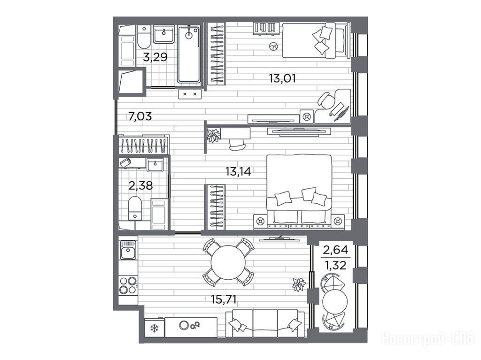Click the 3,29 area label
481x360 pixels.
(155, 57)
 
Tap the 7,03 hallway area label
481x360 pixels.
(140, 116)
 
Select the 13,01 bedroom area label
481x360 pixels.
(282, 78)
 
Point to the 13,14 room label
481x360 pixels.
(238, 172)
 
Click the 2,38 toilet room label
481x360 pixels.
(140, 185)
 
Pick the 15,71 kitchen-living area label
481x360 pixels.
(224, 299)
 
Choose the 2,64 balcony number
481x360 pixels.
(335, 250)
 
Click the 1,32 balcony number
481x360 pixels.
(335, 265)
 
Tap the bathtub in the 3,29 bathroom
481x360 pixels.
(189, 54)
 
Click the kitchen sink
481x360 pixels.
(128, 250)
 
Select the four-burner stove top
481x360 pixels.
(128, 285)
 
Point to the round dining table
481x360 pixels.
(229, 262)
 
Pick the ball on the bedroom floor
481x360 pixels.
(273, 46)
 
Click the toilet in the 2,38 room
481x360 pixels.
(135, 208)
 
